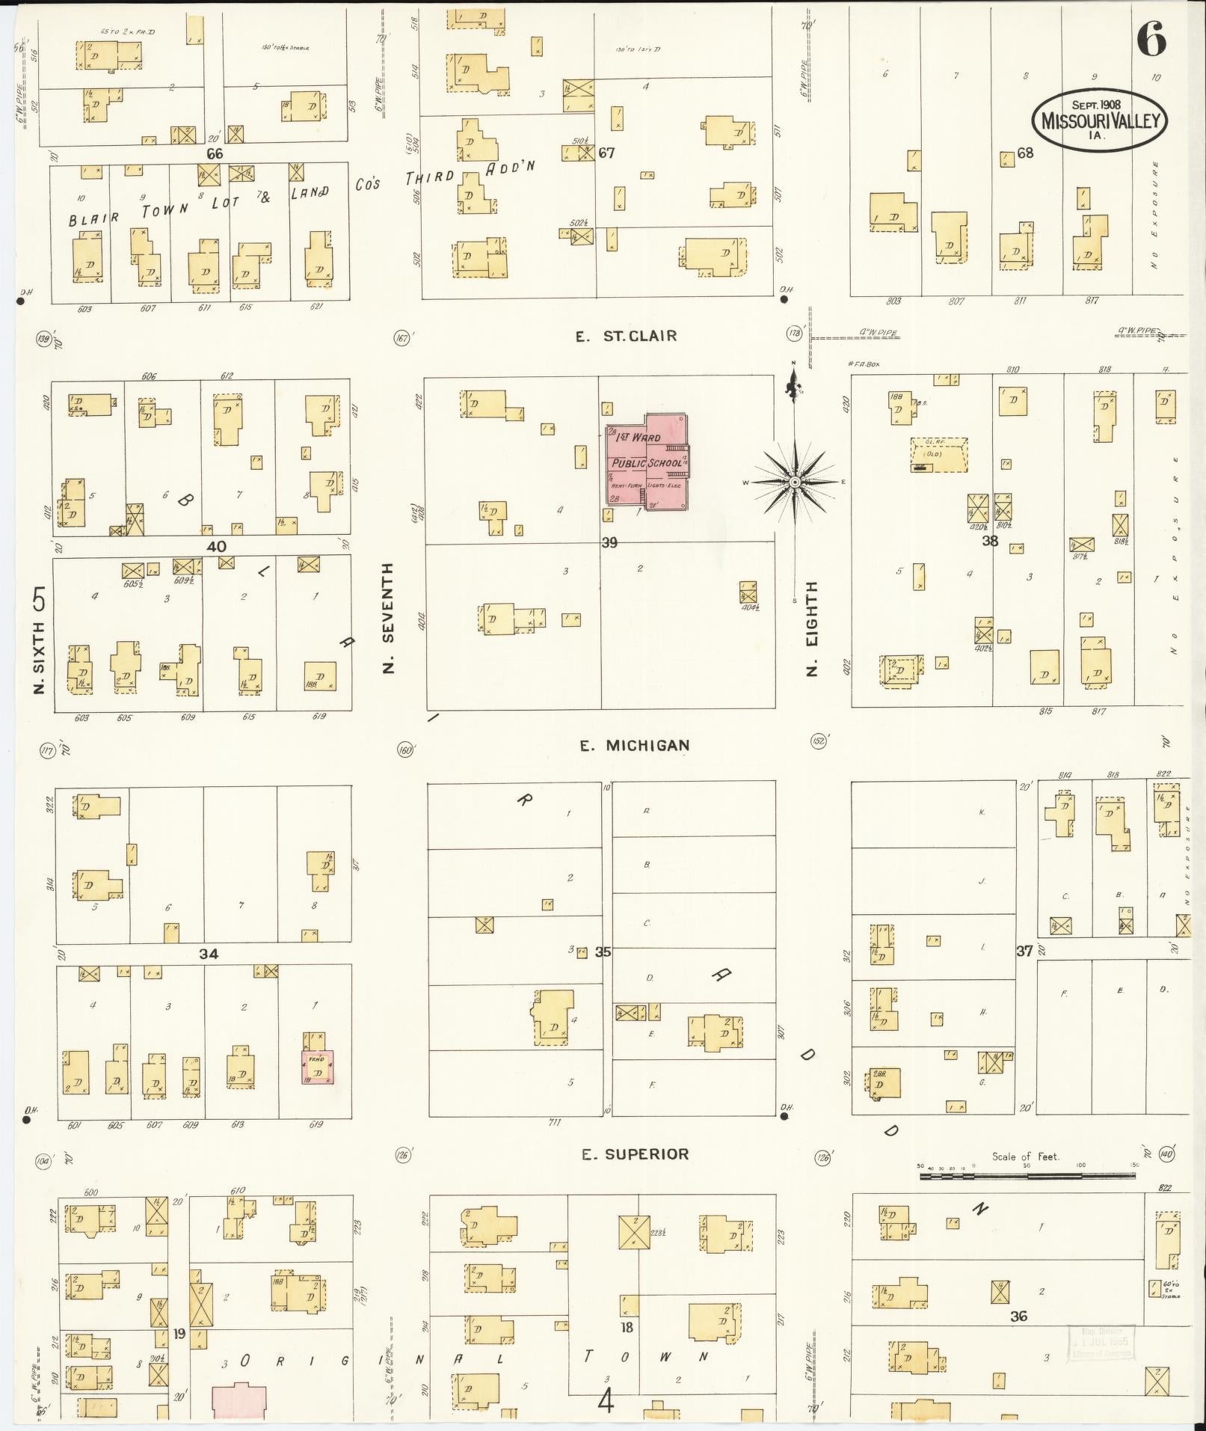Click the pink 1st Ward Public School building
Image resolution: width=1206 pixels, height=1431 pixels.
click(x=647, y=464)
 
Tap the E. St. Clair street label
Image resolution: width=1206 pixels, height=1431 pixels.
click(x=626, y=336)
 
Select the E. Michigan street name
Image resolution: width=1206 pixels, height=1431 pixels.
click(x=635, y=745)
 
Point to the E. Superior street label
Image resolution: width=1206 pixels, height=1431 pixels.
click(x=635, y=1154)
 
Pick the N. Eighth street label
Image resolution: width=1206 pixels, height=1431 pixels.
click(x=812, y=628)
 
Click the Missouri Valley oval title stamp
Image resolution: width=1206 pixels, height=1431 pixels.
click(x=1099, y=120)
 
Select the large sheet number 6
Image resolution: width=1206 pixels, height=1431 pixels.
click(x=1151, y=39)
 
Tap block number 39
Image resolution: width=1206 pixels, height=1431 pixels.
click(x=609, y=542)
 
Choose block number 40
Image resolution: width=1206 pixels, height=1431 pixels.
click(x=216, y=547)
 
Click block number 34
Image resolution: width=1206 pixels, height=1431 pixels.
click(x=209, y=954)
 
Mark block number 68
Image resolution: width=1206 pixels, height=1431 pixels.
click(x=1025, y=153)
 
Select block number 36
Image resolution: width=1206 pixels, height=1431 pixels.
click(x=1018, y=1316)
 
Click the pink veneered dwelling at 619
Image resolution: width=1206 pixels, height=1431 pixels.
click(x=318, y=1067)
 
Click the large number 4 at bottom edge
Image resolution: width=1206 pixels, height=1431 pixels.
click(x=606, y=1401)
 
